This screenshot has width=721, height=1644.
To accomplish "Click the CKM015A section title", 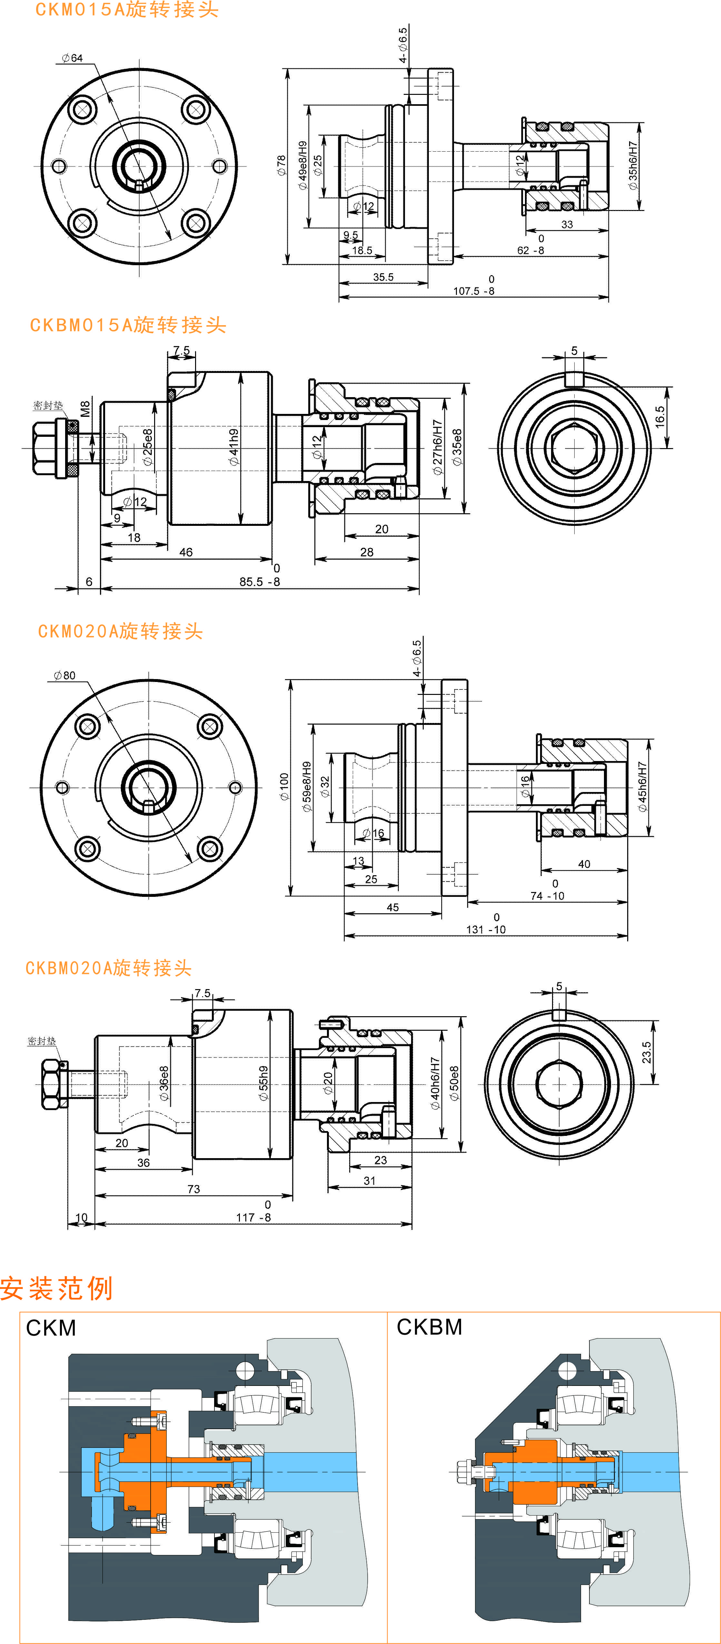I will tap(126, 10).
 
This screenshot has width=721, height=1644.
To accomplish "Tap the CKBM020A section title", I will tap(108, 968).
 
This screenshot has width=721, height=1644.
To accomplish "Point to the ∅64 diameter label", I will tap(72, 58).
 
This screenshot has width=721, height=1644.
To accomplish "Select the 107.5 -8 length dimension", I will tap(473, 291).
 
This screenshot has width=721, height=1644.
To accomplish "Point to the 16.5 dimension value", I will tap(660, 416).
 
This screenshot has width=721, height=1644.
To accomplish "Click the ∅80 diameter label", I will tap(64, 675).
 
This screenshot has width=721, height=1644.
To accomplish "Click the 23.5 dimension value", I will tap(646, 1052).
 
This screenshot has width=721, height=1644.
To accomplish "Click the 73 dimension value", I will tap(193, 1189).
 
